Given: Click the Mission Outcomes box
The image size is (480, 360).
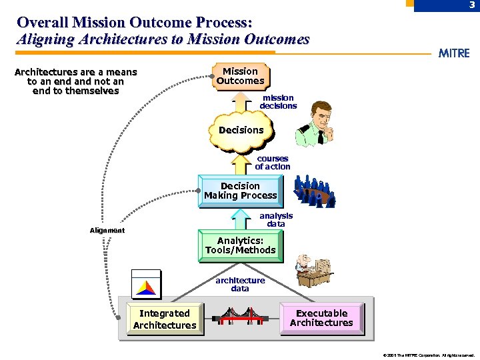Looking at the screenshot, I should tap(240, 76).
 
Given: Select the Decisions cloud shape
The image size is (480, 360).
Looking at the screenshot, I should tap(241, 130).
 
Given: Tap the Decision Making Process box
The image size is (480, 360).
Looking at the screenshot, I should tap(240, 191).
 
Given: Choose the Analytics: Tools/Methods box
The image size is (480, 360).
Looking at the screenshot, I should tap(240, 245).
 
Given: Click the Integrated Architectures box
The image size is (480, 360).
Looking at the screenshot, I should tap(164, 319).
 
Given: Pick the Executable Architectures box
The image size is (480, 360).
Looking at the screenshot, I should tap(321, 318).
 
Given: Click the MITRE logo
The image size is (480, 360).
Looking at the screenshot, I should tap(453, 53).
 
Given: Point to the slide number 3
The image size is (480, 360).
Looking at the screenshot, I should tap(471, 5).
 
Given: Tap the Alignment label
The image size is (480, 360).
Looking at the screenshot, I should tap(107, 231).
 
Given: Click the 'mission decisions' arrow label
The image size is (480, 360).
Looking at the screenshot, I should tap(278, 102).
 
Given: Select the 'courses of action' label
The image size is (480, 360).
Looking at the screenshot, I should tap(273, 163).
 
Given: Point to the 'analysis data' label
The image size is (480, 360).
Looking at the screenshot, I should tap(276, 220).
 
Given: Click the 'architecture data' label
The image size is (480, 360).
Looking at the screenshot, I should tap(240, 285).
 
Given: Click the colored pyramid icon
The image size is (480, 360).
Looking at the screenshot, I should tap(146, 285).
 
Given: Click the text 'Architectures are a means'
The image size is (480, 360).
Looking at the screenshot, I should tap(75, 72).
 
